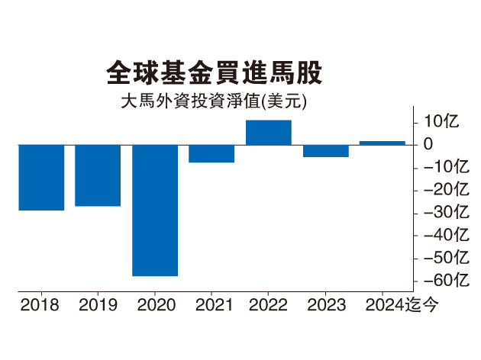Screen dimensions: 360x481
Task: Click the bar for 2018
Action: [41, 177]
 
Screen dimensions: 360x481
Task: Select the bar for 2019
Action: [98, 175]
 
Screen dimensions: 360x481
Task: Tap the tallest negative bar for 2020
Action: [155, 210]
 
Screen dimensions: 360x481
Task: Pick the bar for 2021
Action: [211, 153]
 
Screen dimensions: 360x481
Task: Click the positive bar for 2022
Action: [268, 133]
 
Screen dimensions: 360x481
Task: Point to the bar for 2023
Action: [325, 150]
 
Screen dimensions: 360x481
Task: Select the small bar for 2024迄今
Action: [382, 143]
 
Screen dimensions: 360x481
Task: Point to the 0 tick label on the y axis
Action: [428, 144]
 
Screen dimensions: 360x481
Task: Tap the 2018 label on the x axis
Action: [41, 306]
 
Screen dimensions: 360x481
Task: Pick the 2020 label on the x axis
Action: [155, 306]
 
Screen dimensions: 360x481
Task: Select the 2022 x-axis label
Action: [268, 306]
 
